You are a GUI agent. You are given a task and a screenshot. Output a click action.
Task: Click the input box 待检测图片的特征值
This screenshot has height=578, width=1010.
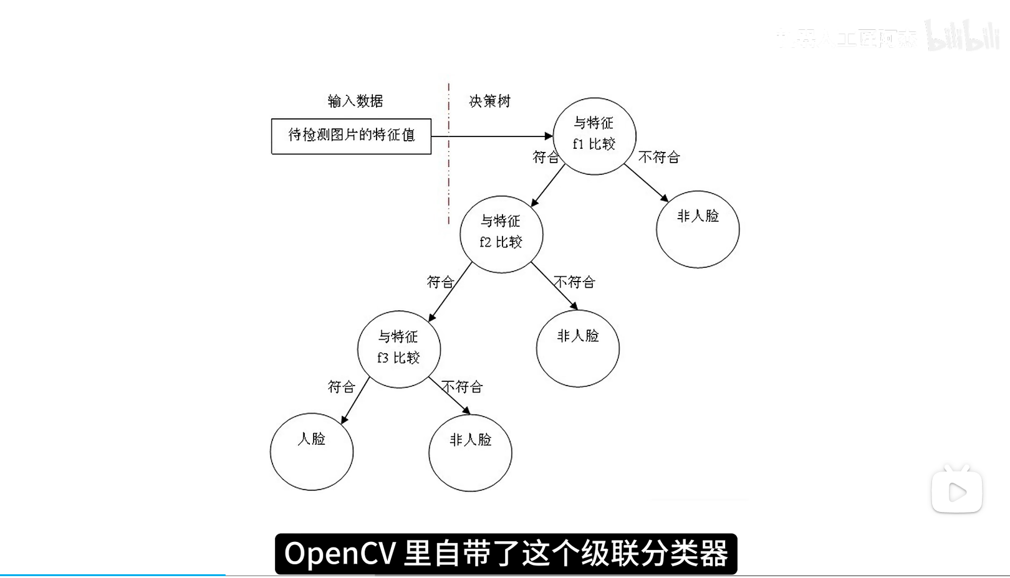[x=351, y=136]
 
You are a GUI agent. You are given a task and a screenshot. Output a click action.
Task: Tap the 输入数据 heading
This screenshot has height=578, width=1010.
[x=355, y=101]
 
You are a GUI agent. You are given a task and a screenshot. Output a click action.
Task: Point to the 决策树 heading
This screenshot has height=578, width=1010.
[x=489, y=101]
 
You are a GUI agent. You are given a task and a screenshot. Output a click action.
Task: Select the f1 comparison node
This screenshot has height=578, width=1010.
[x=594, y=136]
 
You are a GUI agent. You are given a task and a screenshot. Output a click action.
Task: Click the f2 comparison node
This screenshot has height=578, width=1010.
[x=501, y=234]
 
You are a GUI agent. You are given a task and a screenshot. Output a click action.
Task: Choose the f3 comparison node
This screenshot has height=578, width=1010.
[x=399, y=349]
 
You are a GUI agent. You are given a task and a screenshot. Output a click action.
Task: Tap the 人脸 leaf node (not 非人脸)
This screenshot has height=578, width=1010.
[x=312, y=452]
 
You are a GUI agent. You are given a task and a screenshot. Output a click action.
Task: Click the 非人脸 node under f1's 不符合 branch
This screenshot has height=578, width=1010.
[x=698, y=229]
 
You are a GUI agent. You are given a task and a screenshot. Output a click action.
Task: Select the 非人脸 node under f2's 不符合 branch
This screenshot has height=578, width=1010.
[x=578, y=348]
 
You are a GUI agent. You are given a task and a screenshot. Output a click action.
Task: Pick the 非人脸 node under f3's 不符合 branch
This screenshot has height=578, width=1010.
[x=470, y=453]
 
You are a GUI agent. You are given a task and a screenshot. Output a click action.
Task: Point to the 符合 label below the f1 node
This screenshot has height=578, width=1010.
[x=546, y=157]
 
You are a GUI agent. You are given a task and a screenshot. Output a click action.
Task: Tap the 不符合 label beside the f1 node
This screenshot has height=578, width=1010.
[x=659, y=157]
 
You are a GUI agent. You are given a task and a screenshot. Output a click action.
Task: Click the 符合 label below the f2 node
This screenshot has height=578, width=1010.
[x=440, y=282]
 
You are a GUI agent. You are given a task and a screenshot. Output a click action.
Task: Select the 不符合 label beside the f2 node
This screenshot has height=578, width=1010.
[x=575, y=282]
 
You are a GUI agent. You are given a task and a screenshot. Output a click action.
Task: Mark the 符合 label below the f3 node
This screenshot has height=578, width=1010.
[x=342, y=387]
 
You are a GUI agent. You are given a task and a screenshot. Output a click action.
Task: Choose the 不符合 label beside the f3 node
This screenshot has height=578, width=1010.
[x=462, y=387]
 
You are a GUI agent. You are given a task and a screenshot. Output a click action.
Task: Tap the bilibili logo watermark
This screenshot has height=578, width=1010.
[x=963, y=36]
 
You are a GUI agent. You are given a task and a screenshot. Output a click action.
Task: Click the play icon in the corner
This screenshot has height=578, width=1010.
[x=957, y=493]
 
